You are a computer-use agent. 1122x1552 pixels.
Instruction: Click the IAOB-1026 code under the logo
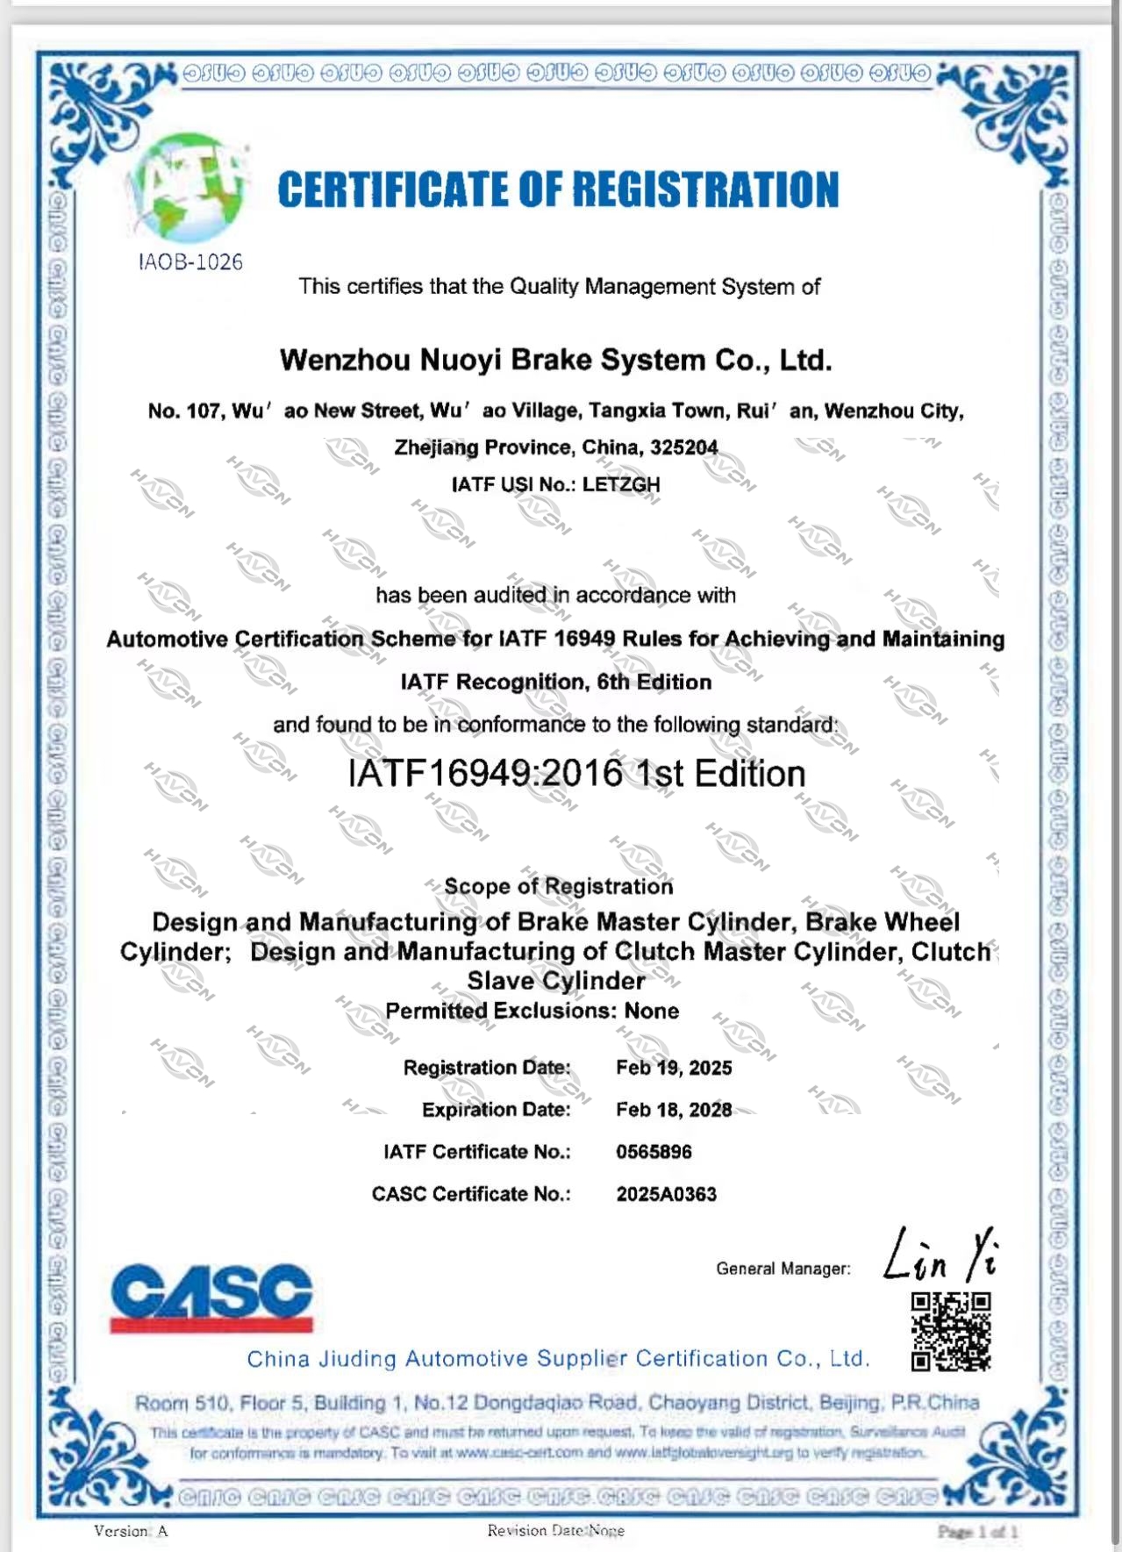pyautogui.click(x=190, y=261)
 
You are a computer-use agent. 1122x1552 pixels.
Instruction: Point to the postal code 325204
pyautogui.click(x=683, y=447)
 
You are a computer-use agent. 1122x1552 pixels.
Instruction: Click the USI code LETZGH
pyautogui.click(x=621, y=484)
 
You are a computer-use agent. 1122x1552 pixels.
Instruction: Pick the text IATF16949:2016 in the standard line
pyautogui.click(x=486, y=774)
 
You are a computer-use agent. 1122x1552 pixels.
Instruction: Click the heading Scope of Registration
pyautogui.click(x=558, y=886)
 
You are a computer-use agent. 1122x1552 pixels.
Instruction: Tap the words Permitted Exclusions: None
pyautogui.click(x=532, y=1011)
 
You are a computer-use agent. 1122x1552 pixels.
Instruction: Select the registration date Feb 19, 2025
pyautogui.click(x=674, y=1068)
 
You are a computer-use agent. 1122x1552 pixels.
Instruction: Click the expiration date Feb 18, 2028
pyautogui.click(x=674, y=1110)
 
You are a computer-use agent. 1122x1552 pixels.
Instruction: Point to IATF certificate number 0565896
pyautogui.click(x=654, y=1152)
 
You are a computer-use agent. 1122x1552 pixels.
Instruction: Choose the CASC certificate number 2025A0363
pyautogui.click(x=666, y=1194)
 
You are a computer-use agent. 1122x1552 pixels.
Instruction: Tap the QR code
pyautogui.click(x=951, y=1331)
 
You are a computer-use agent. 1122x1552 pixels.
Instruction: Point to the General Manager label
pyautogui.click(x=783, y=1269)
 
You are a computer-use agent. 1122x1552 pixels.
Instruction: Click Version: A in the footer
pyautogui.click(x=131, y=1531)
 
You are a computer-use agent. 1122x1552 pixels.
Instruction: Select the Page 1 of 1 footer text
pyautogui.click(x=977, y=1532)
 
